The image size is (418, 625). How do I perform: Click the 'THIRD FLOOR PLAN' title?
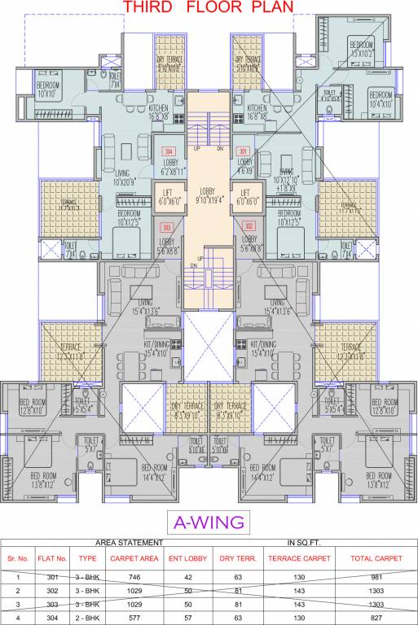click(208, 7)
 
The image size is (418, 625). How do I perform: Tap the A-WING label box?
click(209, 521)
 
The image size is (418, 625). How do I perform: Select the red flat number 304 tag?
click(169, 152)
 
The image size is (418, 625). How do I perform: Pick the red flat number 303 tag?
click(167, 227)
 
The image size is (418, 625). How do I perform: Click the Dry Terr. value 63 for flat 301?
click(237, 575)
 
